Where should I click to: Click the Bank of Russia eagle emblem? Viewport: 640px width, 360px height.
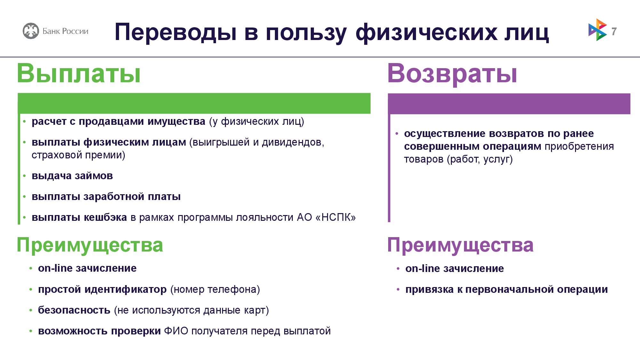point(31,31)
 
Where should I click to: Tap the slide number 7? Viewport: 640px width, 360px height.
point(614,31)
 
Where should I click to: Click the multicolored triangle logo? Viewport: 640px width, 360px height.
point(597,30)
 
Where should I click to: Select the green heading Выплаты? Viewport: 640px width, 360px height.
point(79,73)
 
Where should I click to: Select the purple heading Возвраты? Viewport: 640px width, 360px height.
point(452,74)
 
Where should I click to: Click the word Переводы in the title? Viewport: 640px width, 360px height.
point(176,32)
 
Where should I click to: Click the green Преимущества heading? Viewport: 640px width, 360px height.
point(90,245)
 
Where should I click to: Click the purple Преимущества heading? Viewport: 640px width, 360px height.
point(460,245)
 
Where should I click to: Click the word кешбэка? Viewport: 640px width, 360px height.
point(105,217)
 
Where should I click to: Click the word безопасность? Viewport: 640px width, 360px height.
point(74,310)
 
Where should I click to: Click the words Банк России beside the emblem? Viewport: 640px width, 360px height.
point(65,31)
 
